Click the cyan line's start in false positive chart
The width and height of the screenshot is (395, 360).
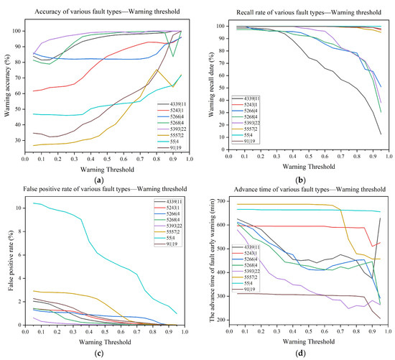[34, 203]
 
